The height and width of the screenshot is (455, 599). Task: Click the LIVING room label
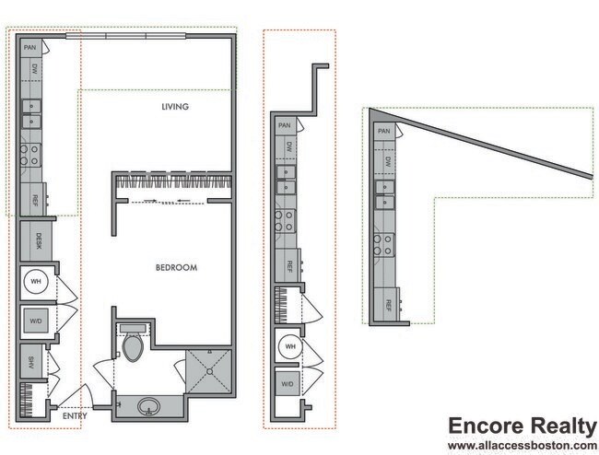174,107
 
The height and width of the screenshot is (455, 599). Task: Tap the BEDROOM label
176,268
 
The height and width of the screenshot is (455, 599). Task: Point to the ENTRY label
76,416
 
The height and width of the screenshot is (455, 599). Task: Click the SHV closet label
30,361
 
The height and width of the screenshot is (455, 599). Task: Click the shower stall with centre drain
209,370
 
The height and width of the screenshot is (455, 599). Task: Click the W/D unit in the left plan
35,321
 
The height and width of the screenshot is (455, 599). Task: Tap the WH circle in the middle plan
289,346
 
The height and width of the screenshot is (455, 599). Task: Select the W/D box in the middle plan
288,383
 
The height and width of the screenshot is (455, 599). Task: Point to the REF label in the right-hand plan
390,304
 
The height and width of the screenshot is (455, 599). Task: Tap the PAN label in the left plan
29,46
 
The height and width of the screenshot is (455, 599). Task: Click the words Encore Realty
522,426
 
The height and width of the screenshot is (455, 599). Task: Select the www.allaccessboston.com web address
522,446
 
